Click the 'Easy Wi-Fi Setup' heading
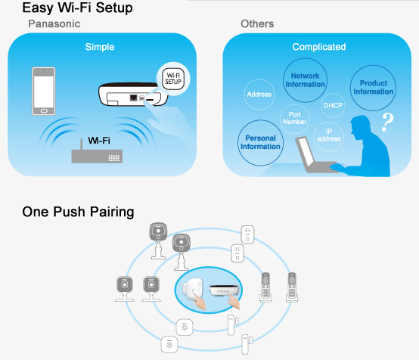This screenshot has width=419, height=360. pyautogui.click(x=77, y=8)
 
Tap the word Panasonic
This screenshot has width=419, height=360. pyautogui.click(x=54, y=23)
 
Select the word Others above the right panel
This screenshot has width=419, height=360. pyautogui.click(x=257, y=23)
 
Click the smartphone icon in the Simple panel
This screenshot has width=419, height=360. pyautogui.click(x=44, y=92)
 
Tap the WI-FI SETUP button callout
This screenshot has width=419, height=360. pyautogui.click(x=173, y=79)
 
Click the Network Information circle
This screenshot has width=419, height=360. pyautogui.click(x=305, y=80)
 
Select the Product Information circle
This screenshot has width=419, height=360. pyautogui.click(x=373, y=88)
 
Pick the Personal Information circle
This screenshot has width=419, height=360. pyautogui.click(x=260, y=142)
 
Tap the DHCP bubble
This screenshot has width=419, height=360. pyautogui.click(x=333, y=106)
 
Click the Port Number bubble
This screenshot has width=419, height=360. pyautogui.click(x=294, y=119)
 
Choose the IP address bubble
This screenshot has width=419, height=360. pyautogui.click(x=329, y=135)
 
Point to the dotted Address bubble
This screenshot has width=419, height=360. pyautogui.click(x=259, y=95)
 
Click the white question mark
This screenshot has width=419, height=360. pyautogui.click(x=387, y=122)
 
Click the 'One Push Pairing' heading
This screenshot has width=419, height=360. pyautogui.click(x=78, y=212)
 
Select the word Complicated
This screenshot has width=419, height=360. pyautogui.click(x=319, y=47)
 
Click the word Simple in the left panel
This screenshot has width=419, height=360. pyautogui.click(x=100, y=47)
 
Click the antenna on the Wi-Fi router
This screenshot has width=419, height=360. pyautogui.click(x=82, y=144)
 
